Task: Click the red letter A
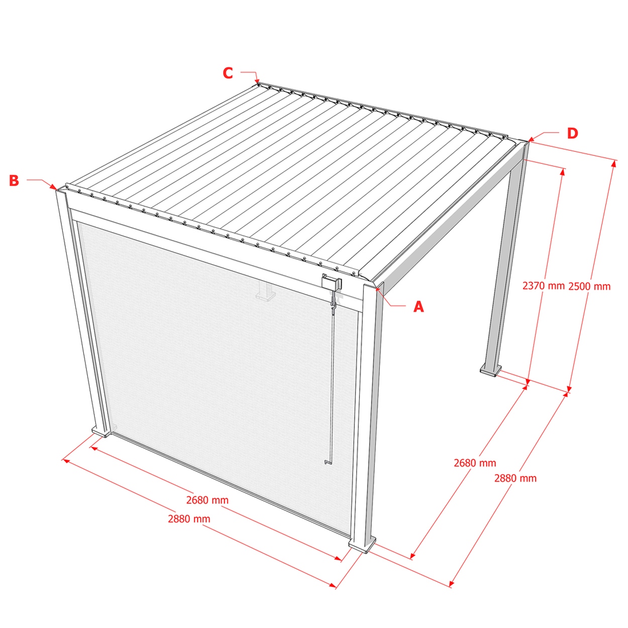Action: coord(418,306)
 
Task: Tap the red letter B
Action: coord(14,180)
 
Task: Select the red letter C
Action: coord(228,73)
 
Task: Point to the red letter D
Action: coord(573,133)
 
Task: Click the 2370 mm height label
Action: coord(543,286)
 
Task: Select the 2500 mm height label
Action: coord(589,286)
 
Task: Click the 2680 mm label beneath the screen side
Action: coord(207,500)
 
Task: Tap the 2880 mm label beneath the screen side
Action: coord(189,519)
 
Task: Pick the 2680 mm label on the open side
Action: coord(475,463)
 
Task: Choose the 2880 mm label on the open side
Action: coord(515,478)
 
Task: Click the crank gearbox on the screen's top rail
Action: coord(331,282)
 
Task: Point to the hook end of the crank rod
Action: coord(327,462)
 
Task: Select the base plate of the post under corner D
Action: coord(490,371)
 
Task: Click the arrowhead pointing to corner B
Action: coord(53,187)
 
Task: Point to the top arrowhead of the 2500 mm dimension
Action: coord(613,163)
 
